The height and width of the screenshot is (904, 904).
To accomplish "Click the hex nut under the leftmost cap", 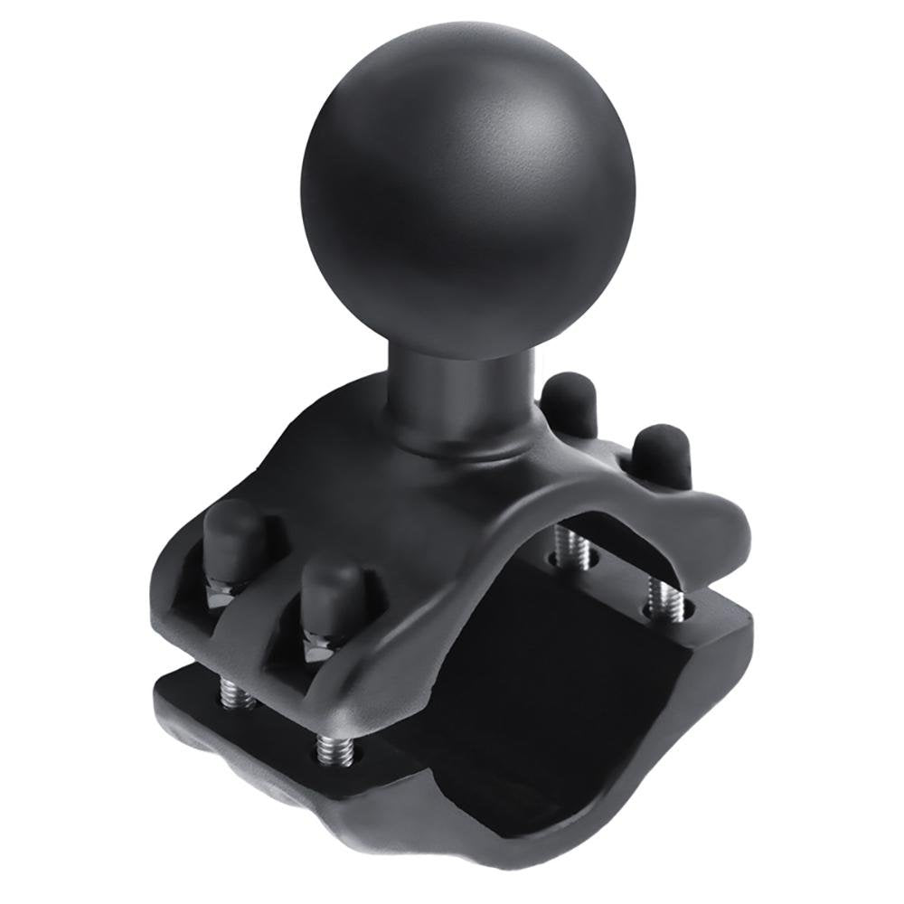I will [221, 597].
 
